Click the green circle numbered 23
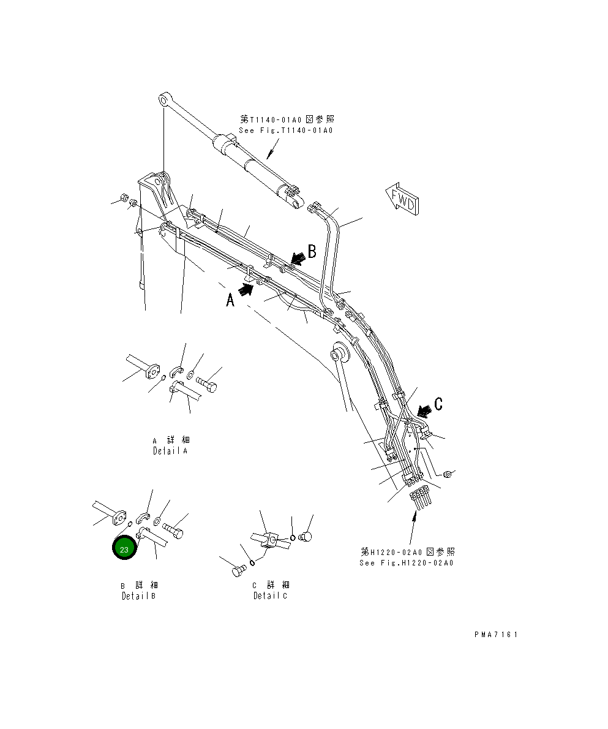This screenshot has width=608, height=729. click(124, 549)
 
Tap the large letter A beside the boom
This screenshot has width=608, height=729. click(230, 300)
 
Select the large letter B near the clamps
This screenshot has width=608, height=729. click(312, 251)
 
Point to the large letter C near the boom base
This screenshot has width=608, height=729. click(438, 404)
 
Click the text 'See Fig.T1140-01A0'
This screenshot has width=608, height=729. click(285, 130)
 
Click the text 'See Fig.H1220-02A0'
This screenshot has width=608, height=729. click(407, 563)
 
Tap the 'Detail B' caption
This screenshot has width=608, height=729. click(138, 595)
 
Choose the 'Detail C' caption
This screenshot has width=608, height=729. click(270, 595)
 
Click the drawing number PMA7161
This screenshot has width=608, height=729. click(495, 635)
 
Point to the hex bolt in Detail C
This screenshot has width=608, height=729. click(237, 572)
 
